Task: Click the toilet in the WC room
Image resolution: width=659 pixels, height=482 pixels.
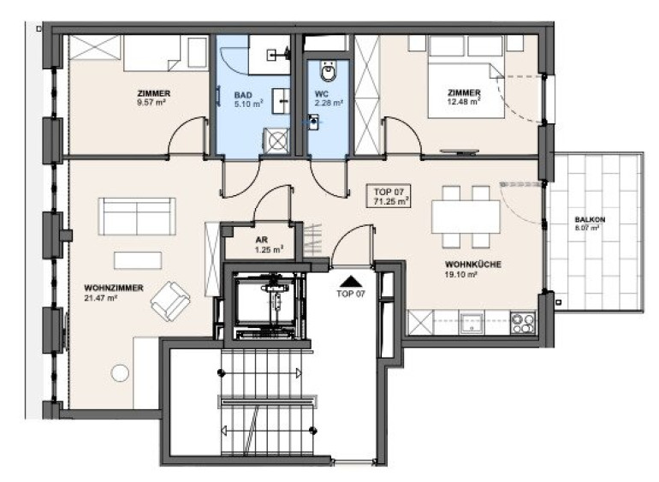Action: [329, 71]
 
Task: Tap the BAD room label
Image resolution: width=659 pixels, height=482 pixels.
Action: [243, 96]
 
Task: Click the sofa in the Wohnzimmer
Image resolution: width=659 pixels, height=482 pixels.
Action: [137, 217]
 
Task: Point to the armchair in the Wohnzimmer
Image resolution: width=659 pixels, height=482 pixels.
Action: [170, 301]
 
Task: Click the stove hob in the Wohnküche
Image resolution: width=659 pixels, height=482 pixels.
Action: [523, 323]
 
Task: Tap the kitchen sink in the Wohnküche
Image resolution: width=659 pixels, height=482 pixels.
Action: [472, 323]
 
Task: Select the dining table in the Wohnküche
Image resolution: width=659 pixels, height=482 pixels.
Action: [466, 217]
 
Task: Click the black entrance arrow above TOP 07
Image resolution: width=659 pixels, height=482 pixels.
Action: [352, 281]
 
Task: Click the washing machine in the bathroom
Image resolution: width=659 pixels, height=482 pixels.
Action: [276, 140]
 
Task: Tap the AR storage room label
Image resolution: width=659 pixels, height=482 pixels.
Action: [262, 241]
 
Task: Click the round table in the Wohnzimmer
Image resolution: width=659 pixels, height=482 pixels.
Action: [120, 373]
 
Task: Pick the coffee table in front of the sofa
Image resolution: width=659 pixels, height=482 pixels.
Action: [138, 260]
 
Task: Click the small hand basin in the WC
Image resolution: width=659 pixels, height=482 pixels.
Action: [313, 122]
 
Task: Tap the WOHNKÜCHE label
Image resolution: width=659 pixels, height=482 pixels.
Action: [473, 265]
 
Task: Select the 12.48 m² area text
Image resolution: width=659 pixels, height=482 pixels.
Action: [464, 101]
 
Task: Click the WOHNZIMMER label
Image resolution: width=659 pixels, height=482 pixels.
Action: [114, 289]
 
